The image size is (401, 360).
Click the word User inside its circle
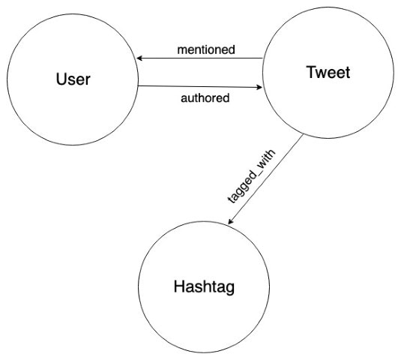[x=72, y=78]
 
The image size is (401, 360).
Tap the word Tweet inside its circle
[x=328, y=73]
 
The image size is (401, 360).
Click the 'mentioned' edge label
[x=206, y=50]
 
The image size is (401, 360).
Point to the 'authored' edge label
[x=205, y=97]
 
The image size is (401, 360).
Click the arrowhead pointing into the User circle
[x=139, y=58]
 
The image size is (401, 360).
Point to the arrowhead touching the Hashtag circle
[x=231, y=223]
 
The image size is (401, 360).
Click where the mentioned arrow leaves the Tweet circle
[x=263, y=58]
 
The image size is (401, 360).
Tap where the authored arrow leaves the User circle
[x=138, y=86]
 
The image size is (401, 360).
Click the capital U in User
[x=61, y=78]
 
